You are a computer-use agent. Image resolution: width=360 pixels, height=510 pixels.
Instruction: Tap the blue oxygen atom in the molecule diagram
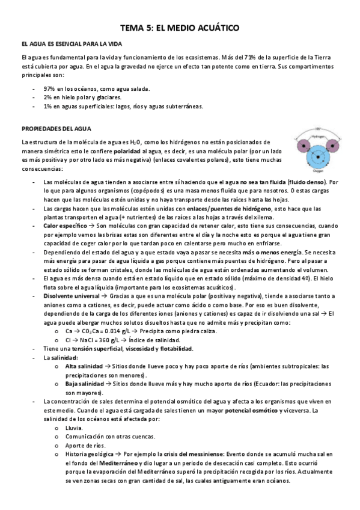(x=314, y=158)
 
